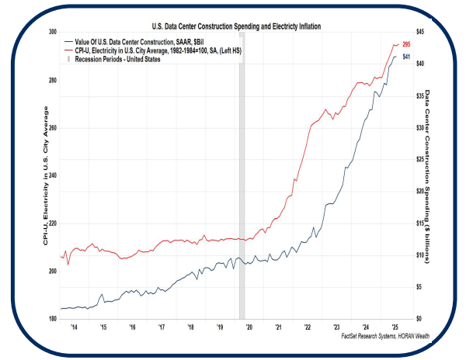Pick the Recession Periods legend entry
[x=116, y=59]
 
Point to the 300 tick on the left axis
[x=53, y=33]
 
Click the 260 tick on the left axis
[x=53, y=128]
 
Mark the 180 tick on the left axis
[x=53, y=319]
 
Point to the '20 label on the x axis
[x=249, y=328]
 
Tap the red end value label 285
[x=406, y=44]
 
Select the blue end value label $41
[x=406, y=57]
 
